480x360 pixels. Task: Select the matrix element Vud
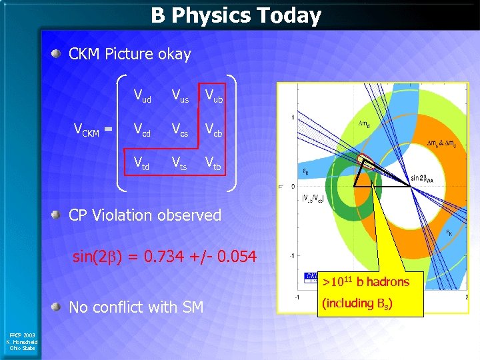click(142, 97)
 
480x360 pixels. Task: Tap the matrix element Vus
click(179, 97)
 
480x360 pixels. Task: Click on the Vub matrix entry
click(213, 97)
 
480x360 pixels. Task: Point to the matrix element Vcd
click(142, 131)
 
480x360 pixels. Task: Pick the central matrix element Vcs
click(179, 131)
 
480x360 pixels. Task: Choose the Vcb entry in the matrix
click(213, 131)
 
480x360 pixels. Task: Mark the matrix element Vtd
click(142, 163)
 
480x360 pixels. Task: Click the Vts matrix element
click(179, 163)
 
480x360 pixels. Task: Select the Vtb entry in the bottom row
click(213, 163)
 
